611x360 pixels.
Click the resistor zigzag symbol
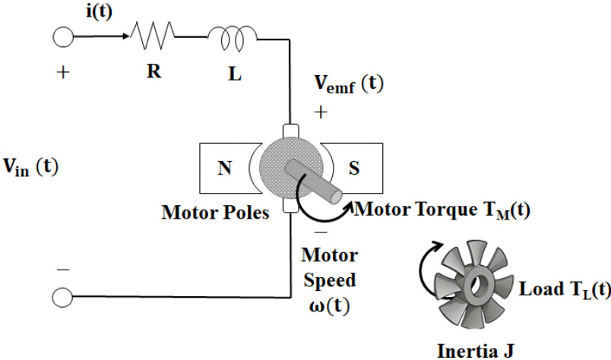click(x=152, y=36)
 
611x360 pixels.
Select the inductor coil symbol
click(x=233, y=38)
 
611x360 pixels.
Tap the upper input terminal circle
click(x=63, y=37)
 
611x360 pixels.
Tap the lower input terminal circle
click(x=62, y=298)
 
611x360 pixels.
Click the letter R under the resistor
click(x=154, y=71)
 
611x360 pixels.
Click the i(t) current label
click(x=99, y=11)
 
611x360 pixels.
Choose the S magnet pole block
click(x=352, y=168)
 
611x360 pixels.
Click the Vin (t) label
click(x=31, y=167)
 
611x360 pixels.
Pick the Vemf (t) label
click(x=349, y=84)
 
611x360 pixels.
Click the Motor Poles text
click(x=216, y=213)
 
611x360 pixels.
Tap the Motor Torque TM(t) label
click(x=442, y=210)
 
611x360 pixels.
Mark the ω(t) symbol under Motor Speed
click(x=330, y=306)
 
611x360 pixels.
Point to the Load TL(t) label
click(x=565, y=289)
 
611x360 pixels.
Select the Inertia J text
click(x=476, y=351)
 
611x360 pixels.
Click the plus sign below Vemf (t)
click(x=321, y=112)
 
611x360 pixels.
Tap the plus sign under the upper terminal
click(x=63, y=72)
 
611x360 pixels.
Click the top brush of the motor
click(x=290, y=131)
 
